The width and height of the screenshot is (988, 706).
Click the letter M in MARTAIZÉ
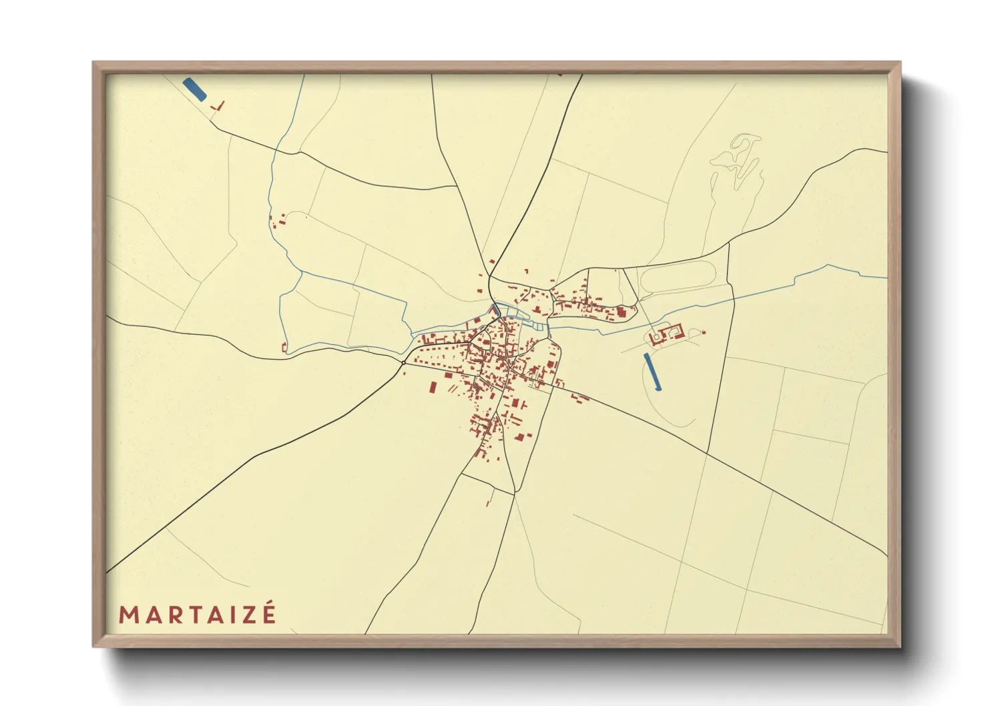(128, 615)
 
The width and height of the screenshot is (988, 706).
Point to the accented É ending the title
(268, 613)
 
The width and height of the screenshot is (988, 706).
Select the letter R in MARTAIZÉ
(176, 615)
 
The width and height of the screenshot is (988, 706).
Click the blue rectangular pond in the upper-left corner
(194, 89)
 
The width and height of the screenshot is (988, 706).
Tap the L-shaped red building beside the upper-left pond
(219, 105)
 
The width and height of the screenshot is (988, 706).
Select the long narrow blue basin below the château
(652, 372)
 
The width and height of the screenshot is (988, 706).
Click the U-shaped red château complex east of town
(665, 335)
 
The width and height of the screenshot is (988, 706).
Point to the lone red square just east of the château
(704, 332)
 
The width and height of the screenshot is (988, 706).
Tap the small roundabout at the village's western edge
(403, 362)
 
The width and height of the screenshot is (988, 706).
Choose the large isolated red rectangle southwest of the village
(432, 388)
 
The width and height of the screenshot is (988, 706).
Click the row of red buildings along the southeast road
(579, 398)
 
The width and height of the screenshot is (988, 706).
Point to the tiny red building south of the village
(488, 502)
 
